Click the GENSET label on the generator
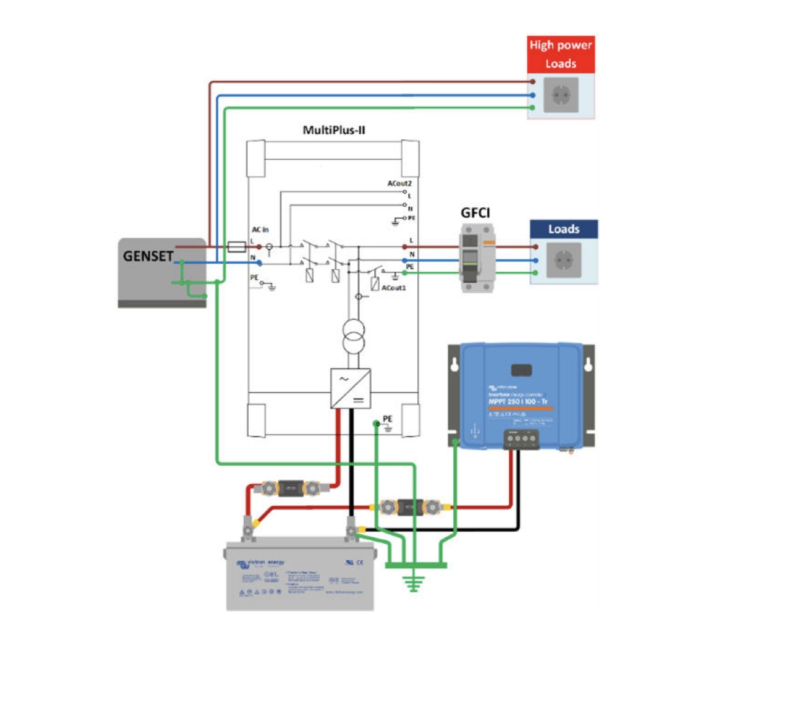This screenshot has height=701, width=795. (x=145, y=256)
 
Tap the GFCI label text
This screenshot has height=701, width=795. (x=476, y=213)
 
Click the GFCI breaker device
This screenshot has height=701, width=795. (x=476, y=259)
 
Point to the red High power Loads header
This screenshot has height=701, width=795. (x=562, y=54)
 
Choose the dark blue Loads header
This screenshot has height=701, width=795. (x=564, y=230)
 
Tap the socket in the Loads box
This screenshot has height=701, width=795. (x=564, y=260)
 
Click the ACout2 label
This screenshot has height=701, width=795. (x=399, y=184)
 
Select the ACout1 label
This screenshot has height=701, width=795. (x=393, y=288)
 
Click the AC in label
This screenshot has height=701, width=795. (x=260, y=231)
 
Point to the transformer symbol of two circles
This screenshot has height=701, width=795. (x=353, y=337)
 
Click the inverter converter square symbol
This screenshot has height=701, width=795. (x=351, y=388)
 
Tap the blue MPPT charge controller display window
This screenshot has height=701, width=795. (x=520, y=370)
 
